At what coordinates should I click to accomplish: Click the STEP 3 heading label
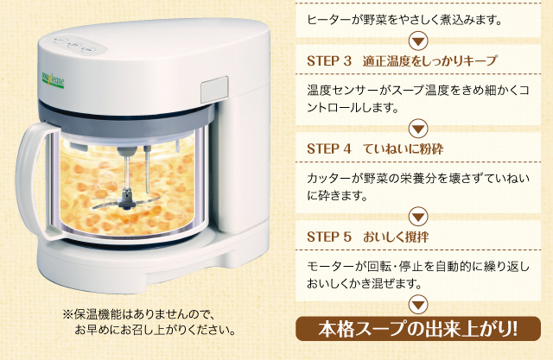[329, 61]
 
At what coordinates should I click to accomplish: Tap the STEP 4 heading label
[329, 149]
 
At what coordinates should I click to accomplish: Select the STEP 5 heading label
[329, 237]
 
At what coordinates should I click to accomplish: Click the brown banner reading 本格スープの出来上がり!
[418, 329]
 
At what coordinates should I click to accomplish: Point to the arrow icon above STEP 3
[418, 41]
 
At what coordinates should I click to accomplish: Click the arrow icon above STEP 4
[418, 129]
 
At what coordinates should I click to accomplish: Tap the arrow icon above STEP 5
[418, 217]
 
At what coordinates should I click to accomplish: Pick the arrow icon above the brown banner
[418, 305]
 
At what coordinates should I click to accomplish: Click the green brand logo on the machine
[53, 81]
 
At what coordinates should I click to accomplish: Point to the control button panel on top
[75, 46]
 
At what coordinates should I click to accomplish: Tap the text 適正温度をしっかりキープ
[430, 61]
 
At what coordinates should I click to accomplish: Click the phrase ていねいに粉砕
[404, 149]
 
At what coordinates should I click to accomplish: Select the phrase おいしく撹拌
[396, 237]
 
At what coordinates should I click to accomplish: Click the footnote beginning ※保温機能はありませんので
[149, 322]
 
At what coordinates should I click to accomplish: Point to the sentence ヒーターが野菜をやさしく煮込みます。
[404, 20]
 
